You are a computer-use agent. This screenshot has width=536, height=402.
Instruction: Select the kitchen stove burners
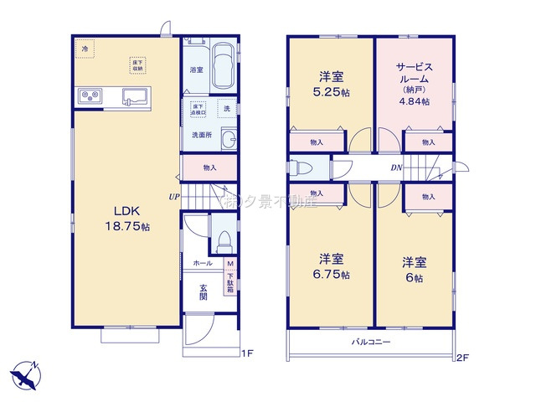90,95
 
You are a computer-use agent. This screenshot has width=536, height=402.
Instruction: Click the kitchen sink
135,95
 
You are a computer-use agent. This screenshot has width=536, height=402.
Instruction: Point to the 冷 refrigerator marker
85,49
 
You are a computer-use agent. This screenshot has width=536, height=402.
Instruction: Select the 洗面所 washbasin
226,139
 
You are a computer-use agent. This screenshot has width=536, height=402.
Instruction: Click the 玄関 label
204,293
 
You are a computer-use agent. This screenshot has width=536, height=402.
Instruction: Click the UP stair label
173,198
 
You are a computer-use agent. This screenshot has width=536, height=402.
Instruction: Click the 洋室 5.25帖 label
328,81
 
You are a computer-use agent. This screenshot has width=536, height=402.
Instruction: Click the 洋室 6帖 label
413,267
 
